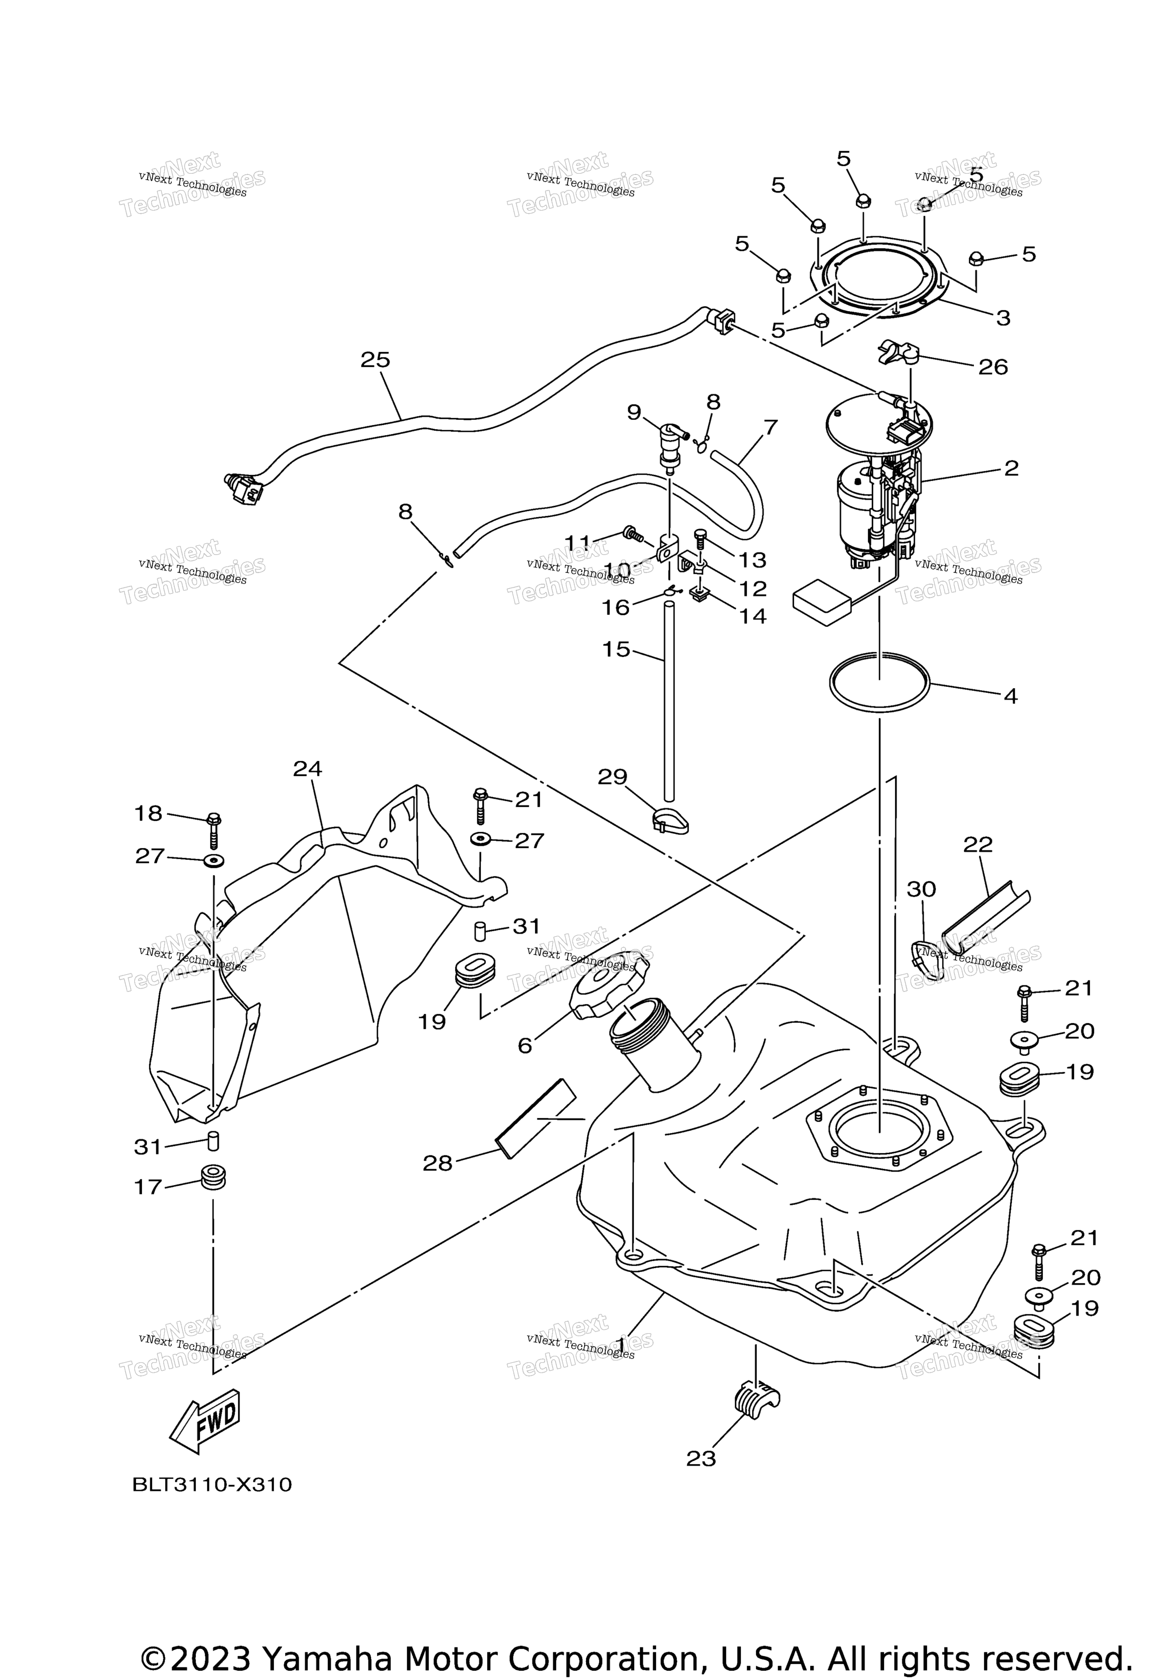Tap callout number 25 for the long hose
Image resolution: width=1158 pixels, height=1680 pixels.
[375, 360]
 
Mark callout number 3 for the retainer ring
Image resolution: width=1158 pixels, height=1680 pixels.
[1003, 318]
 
